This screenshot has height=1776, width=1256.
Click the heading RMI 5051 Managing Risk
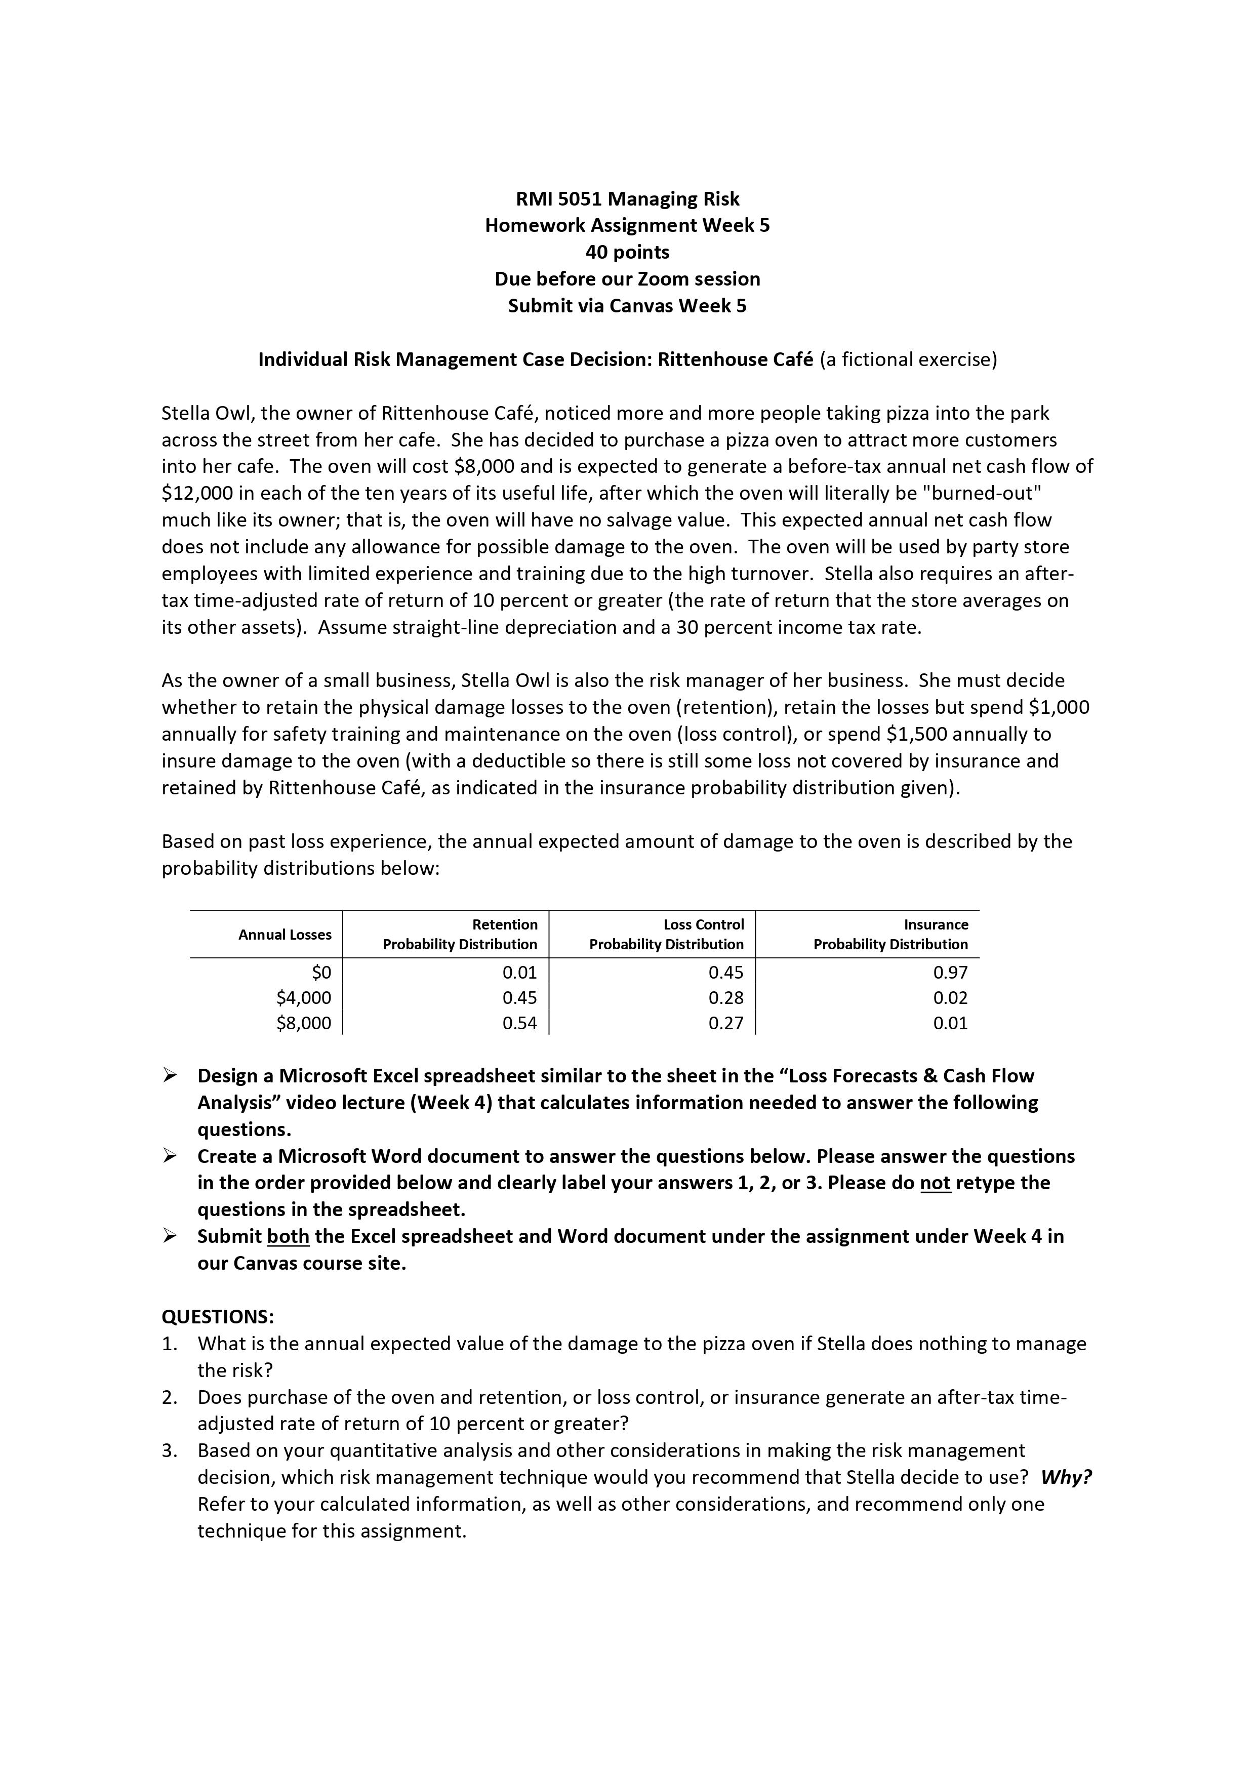pos(627,199)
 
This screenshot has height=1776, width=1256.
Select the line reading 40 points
pos(627,252)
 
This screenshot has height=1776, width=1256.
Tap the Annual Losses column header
pos(285,935)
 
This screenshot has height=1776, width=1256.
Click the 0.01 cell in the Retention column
pos(520,973)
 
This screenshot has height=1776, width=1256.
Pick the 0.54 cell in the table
pos(520,1023)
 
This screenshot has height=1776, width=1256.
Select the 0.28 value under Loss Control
pos(725,998)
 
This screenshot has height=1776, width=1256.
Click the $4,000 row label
pos(303,998)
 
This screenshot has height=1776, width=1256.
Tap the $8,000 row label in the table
pos(303,1023)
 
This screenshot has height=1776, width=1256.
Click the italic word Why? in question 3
pos(1066,1477)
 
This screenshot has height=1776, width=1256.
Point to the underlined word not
pos(935,1183)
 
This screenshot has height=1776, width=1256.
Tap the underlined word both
pos(288,1236)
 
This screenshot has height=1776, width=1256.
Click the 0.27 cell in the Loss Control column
pos(725,1023)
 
